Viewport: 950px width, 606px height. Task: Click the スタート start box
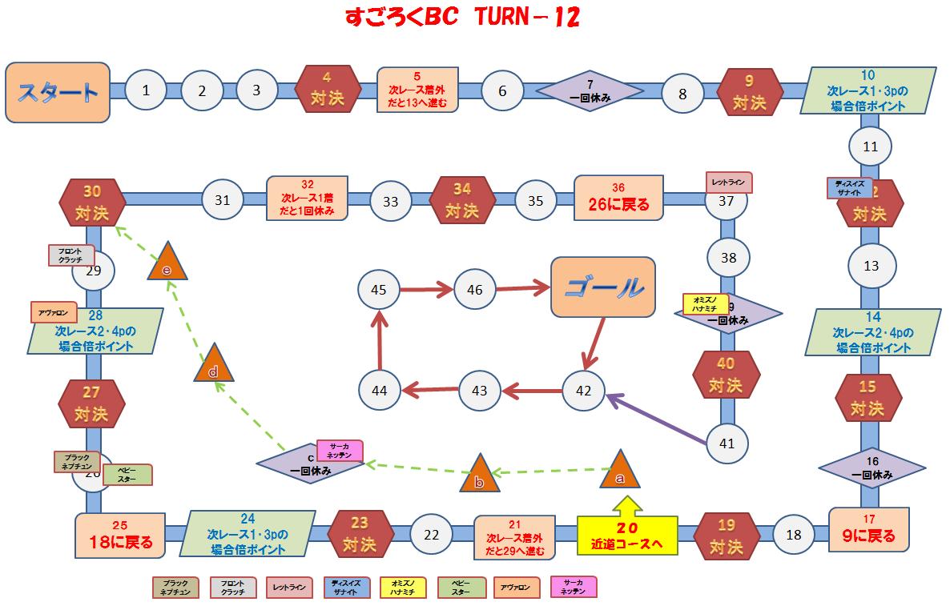tap(58, 92)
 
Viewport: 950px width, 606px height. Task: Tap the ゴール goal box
tap(602, 287)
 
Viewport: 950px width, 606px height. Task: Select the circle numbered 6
tap(502, 91)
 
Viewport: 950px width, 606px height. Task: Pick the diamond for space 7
tap(590, 91)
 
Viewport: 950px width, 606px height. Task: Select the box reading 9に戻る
tap(869, 529)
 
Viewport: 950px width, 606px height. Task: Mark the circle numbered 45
tap(380, 290)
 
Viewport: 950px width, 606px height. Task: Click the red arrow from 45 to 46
tap(427, 290)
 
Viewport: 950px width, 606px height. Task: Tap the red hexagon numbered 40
tap(727, 376)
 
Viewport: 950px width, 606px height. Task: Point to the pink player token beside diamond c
tap(340, 451)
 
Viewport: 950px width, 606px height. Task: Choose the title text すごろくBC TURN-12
tap(462, 18)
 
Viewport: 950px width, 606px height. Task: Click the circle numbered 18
tap(794, 536)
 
